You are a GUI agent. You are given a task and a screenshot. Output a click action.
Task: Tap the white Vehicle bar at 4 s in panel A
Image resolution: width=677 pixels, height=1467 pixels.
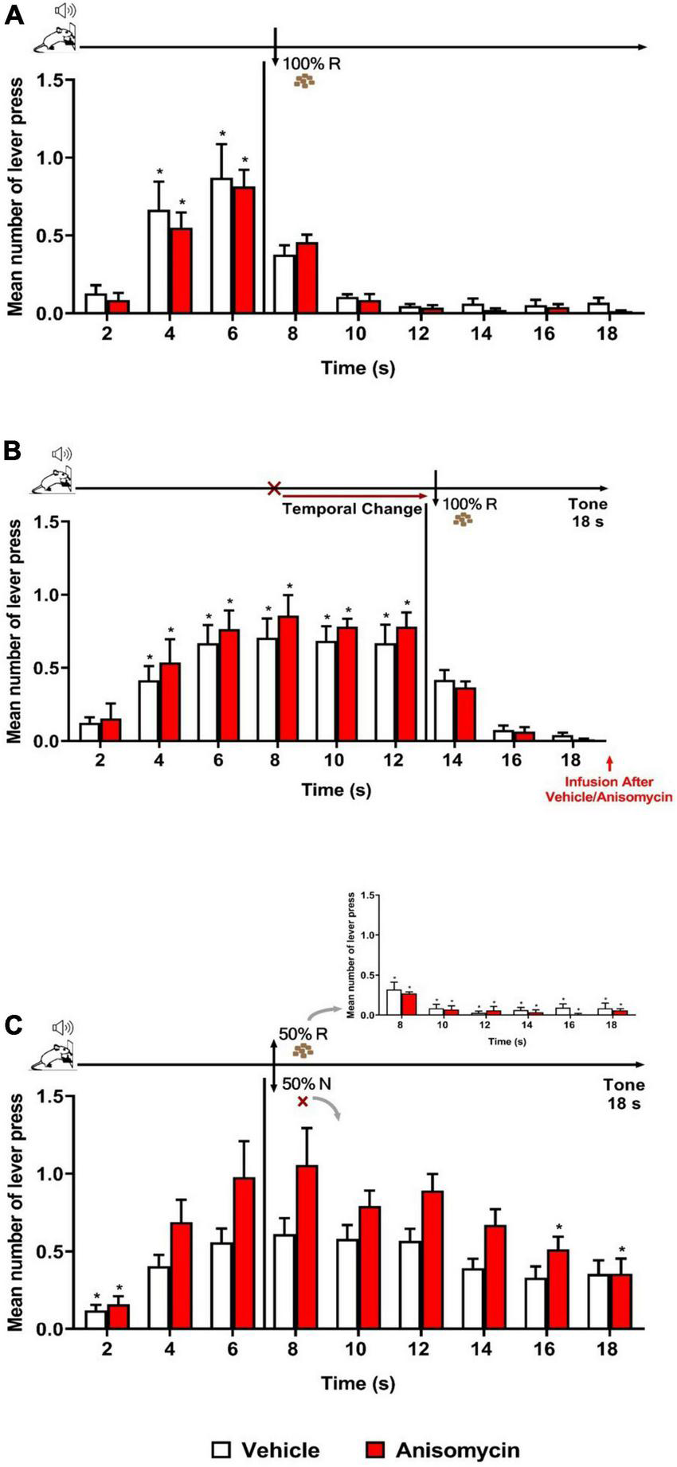158,263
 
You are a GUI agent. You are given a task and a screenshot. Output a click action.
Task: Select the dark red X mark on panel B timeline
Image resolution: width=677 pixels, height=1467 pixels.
275,488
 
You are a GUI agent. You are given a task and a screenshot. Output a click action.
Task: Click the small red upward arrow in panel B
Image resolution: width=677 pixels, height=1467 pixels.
609,763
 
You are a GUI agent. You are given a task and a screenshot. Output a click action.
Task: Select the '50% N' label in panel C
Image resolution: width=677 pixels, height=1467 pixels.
307,1084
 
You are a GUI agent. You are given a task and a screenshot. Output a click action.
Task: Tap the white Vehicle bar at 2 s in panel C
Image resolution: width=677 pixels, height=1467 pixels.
96,1320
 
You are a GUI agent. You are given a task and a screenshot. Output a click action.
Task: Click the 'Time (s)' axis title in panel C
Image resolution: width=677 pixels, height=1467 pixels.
358,1383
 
